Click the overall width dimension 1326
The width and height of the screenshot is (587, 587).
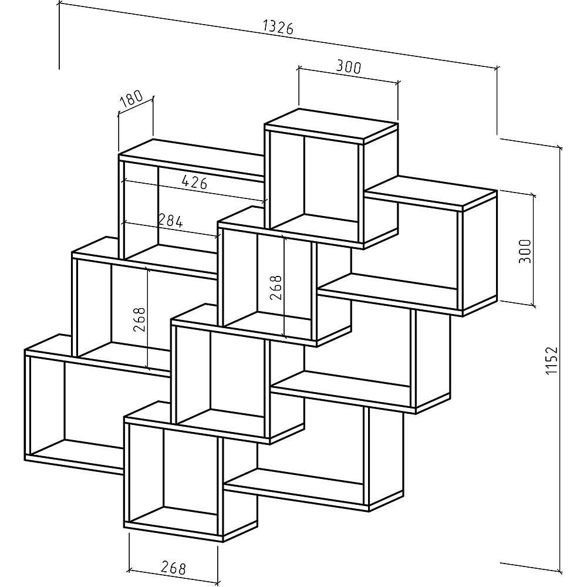278,27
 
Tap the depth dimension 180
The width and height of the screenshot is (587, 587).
131,99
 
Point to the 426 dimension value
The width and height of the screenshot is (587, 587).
193,182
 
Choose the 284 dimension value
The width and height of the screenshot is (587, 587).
170,221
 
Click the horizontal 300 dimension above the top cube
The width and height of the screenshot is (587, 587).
348,67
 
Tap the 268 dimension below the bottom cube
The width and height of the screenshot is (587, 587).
173,568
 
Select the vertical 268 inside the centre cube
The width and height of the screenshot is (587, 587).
276,288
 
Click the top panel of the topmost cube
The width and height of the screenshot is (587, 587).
330,125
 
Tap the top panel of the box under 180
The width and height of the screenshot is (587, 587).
191,154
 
